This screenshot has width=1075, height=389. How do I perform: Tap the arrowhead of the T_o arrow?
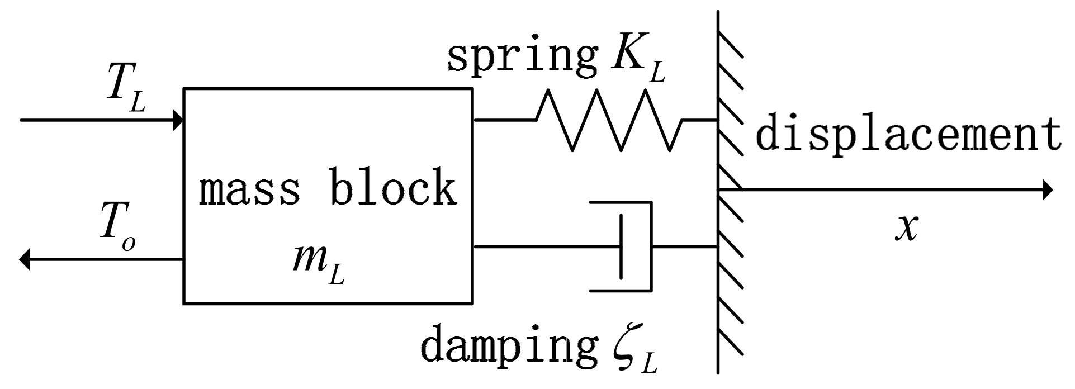(x=24, y=259)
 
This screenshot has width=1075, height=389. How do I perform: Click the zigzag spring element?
(x=609, y=120)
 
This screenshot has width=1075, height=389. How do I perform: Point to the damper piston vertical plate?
(x=621, y=246)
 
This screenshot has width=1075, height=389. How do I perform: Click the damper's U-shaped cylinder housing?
(x=650, y=246)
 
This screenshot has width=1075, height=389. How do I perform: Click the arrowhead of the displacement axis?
(x=1047, y=191)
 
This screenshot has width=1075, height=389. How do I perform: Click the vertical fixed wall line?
(x=718, y=313)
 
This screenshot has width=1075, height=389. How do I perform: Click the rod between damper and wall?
(x=685, y=246)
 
